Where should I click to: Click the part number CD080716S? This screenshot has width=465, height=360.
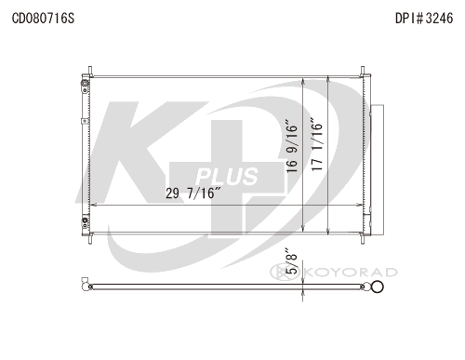pyautogui.click(x=43, y=19)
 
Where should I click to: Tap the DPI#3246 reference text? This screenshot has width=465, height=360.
pyautogui.click(x=424, y=19)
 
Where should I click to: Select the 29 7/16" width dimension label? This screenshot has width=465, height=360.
pyautogui.click(x=193, y=193)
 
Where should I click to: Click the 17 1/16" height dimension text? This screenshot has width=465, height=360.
pyautogui.click(x=317, y=144)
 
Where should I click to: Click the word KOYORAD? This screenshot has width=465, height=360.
pyautogui.click(x=352, y=273)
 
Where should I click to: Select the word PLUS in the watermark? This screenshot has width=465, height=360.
pyautogui.click(x=226, y=177)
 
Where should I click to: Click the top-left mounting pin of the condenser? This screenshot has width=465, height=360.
pyautogui.click(x=90, y=71)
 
